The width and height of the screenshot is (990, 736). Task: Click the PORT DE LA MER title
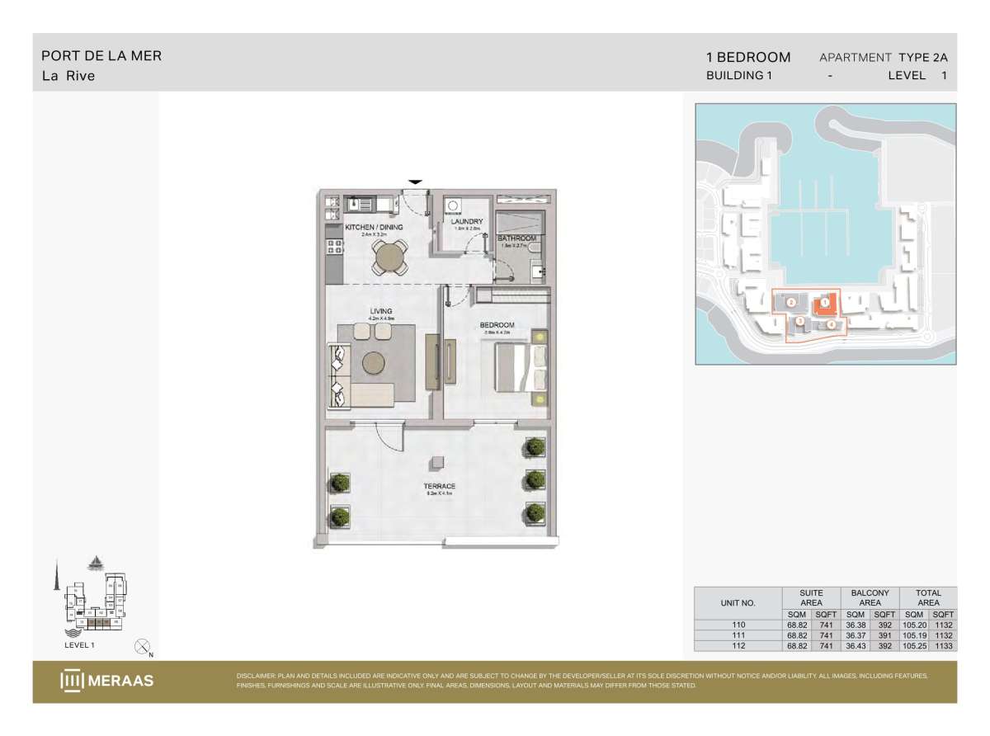101,56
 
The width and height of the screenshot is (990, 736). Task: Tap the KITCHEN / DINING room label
374,226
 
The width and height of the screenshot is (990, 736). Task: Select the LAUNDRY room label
466,221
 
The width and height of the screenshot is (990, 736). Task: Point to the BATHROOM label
516,238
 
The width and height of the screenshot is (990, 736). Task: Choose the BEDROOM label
497,325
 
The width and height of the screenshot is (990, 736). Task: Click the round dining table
389,258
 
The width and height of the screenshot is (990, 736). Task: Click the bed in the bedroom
518,367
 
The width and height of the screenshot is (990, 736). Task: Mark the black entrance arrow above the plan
415,182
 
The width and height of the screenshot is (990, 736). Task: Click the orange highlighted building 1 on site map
823,304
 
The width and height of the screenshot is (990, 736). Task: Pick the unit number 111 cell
738,635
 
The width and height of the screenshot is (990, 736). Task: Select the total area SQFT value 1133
942,646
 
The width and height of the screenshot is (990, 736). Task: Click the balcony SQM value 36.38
855,625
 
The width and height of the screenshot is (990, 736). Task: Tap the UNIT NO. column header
738,602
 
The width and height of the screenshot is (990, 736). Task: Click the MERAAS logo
106,681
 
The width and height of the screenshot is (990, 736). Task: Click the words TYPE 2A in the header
923,57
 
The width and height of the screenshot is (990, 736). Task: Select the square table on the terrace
438,462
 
